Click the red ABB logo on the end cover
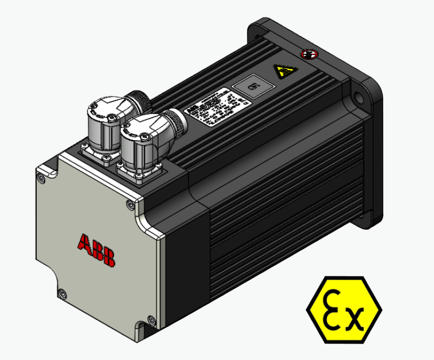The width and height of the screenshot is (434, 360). pos(96,250)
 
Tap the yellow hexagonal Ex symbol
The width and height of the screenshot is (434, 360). pos(344,309)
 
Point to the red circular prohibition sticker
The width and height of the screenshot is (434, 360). pos(309,54)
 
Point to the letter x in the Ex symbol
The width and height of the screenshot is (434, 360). pos(353,319)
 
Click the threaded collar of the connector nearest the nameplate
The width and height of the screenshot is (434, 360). pos(177,122)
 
